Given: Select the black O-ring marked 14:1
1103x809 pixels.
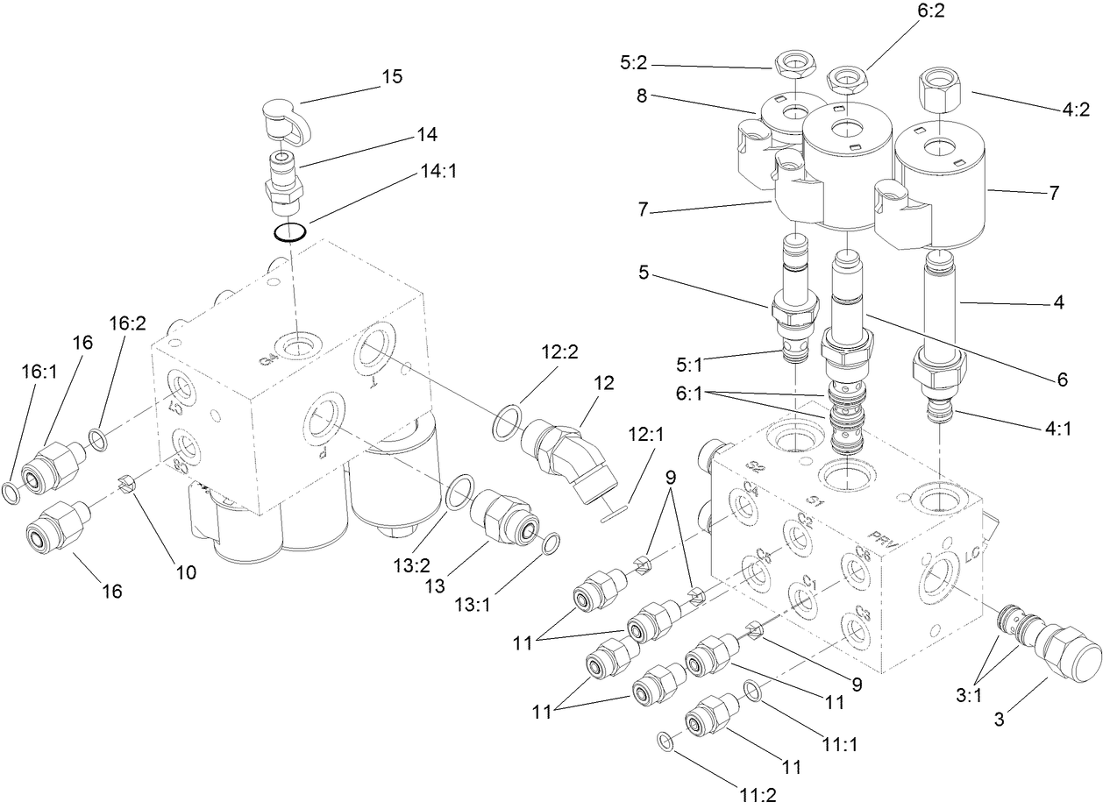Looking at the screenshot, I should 288,232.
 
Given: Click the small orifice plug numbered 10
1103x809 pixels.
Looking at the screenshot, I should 125,484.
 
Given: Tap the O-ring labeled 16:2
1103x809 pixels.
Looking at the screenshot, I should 99,439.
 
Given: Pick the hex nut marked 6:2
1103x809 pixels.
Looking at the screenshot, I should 843,81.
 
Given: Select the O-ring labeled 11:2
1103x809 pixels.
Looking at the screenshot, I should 666,742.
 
